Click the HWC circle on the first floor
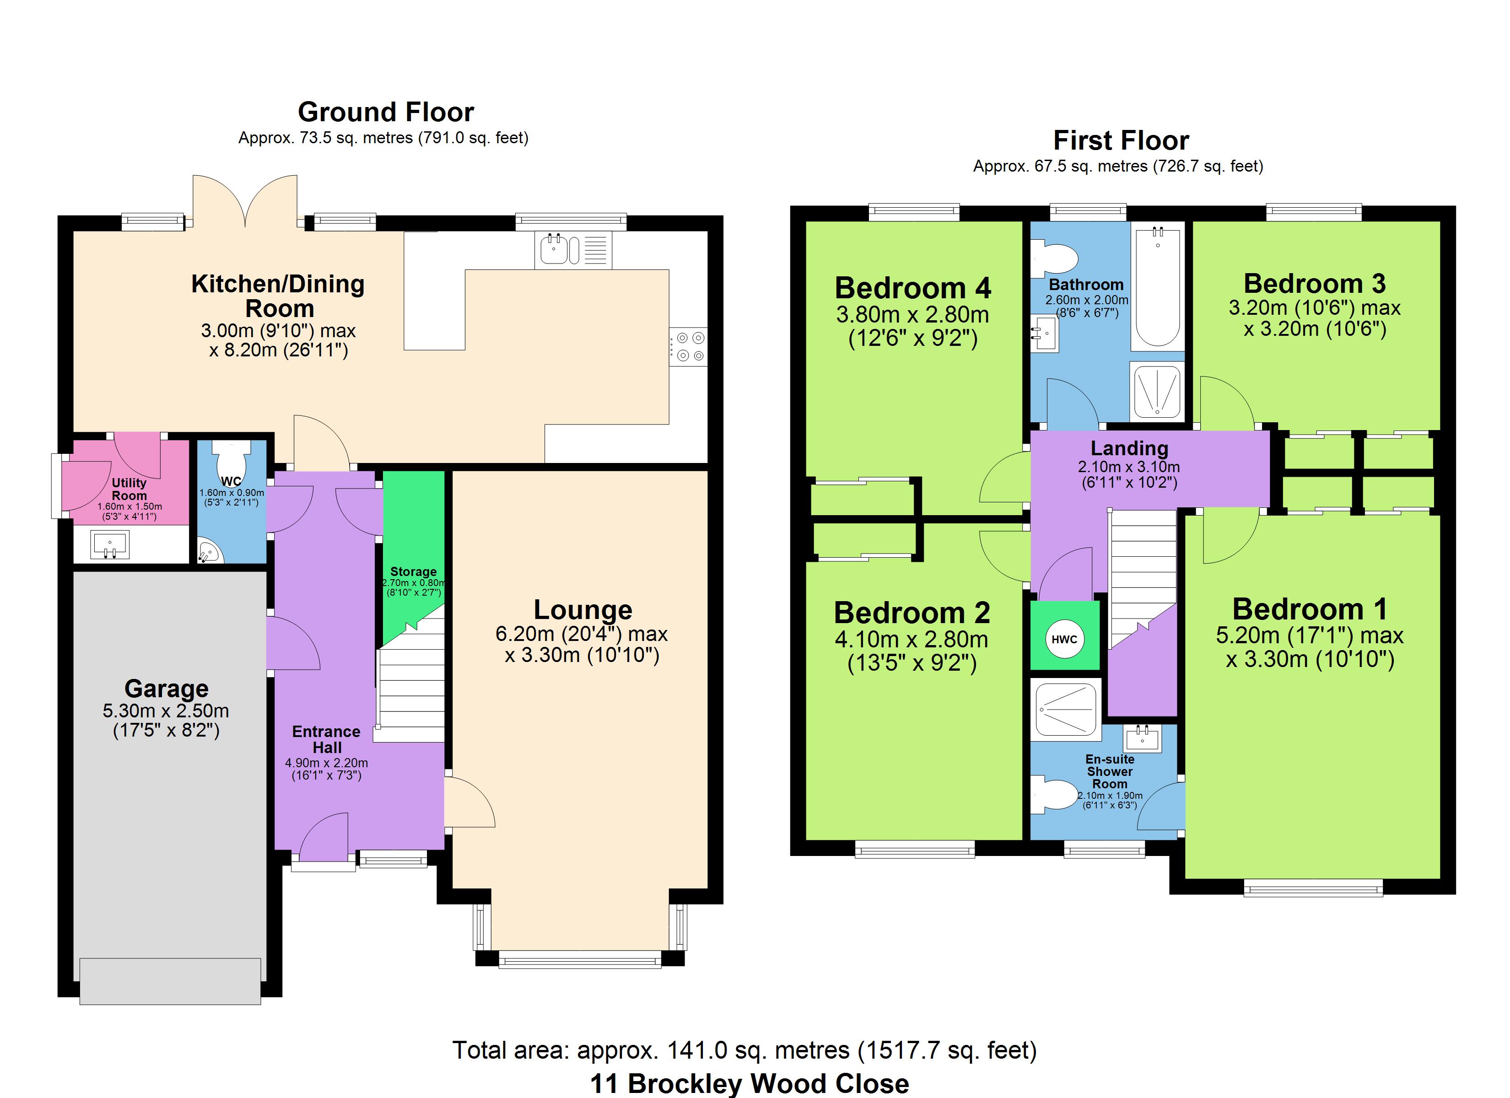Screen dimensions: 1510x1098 (1064, 639)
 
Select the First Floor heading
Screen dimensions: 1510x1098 (1121, 140)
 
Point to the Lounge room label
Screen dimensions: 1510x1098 (583, 609)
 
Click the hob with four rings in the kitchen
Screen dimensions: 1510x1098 (688, 346)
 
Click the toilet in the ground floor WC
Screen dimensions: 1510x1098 (231, 456)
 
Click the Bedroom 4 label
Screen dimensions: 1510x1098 (913, 288)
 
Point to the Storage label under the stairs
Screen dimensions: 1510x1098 (414, 571)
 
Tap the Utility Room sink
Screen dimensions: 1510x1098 (110, 545)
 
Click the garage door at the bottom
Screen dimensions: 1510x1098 (170, 981)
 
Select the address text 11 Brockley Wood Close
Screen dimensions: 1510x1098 (750, 1083)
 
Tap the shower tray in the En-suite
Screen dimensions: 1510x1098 (1065, 710)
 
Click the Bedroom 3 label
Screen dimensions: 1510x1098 (1315, 284)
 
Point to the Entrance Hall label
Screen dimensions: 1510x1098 (326, 739)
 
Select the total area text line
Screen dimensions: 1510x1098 (744, 1050)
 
